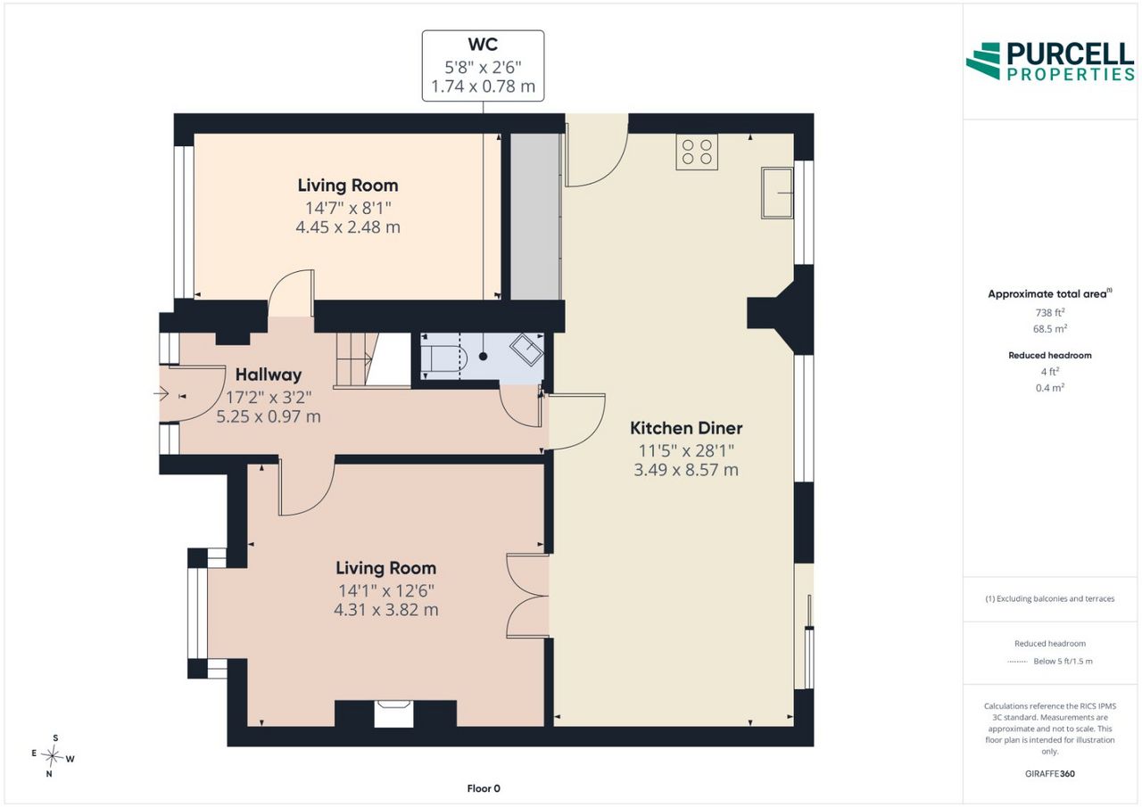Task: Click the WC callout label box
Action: click(483, 66)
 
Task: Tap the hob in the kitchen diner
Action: click(697, 152)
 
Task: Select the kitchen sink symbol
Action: click(777, 194)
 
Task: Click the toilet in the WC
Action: click(444, 357)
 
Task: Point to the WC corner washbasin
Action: click(527, 350)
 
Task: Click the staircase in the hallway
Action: click(373, 360)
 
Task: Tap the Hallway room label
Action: click(269, 375)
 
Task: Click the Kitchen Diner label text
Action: click(686, 428)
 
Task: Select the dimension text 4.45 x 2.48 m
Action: click(348, 227)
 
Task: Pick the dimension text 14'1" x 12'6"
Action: click(386, 591)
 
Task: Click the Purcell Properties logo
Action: click(1050, 62)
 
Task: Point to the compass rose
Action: click(53, 756)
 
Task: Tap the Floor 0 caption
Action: click(484, 788)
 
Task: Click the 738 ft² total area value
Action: click(1050, 312)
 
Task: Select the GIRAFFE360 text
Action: click(1050, 773)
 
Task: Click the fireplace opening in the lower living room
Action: click(393, 713)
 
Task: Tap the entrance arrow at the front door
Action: click(161, 394)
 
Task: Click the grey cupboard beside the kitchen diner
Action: click(536, 217)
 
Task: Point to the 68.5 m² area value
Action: click(1050, 329)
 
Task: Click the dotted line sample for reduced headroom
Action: click(1017, 662)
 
